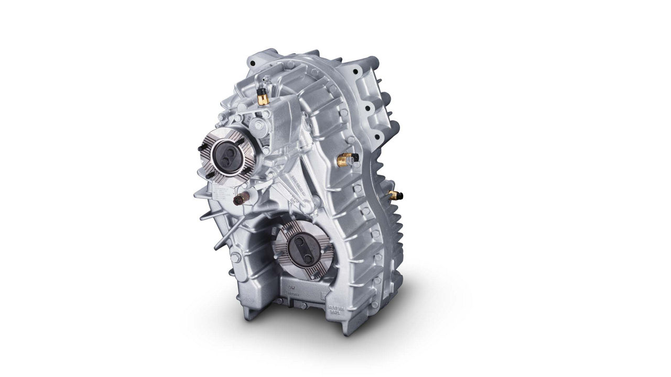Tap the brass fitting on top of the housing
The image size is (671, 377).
(261, 97)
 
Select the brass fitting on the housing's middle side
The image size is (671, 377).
(345, 159)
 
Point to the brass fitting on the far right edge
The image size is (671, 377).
(392, 195)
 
